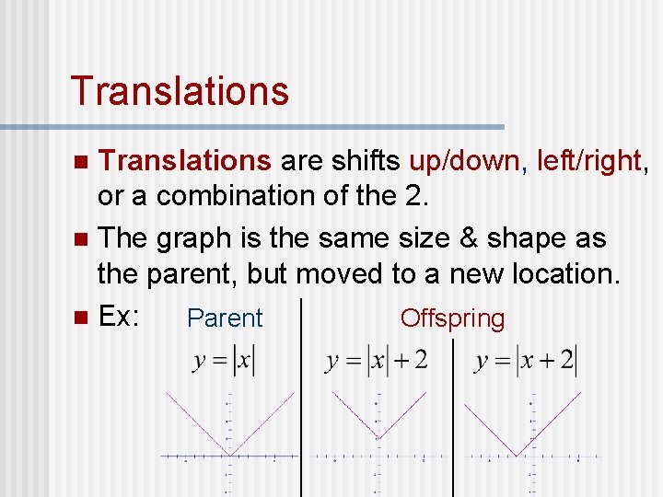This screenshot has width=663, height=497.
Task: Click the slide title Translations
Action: pos(180,91)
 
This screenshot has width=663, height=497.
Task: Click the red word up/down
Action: pos(465,161)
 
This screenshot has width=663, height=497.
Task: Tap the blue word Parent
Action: pos(225,318)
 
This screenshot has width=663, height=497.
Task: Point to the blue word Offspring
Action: pos(452,318)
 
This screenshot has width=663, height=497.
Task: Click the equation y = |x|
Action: pos(224,360)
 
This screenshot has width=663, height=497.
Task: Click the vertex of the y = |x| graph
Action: pos(229,455)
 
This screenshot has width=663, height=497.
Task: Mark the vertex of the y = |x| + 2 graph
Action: pos(377,437)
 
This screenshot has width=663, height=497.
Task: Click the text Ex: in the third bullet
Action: pos(119,317)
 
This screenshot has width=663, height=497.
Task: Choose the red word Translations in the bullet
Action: pos(184,161)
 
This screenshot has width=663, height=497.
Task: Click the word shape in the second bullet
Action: pos(539,238)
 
